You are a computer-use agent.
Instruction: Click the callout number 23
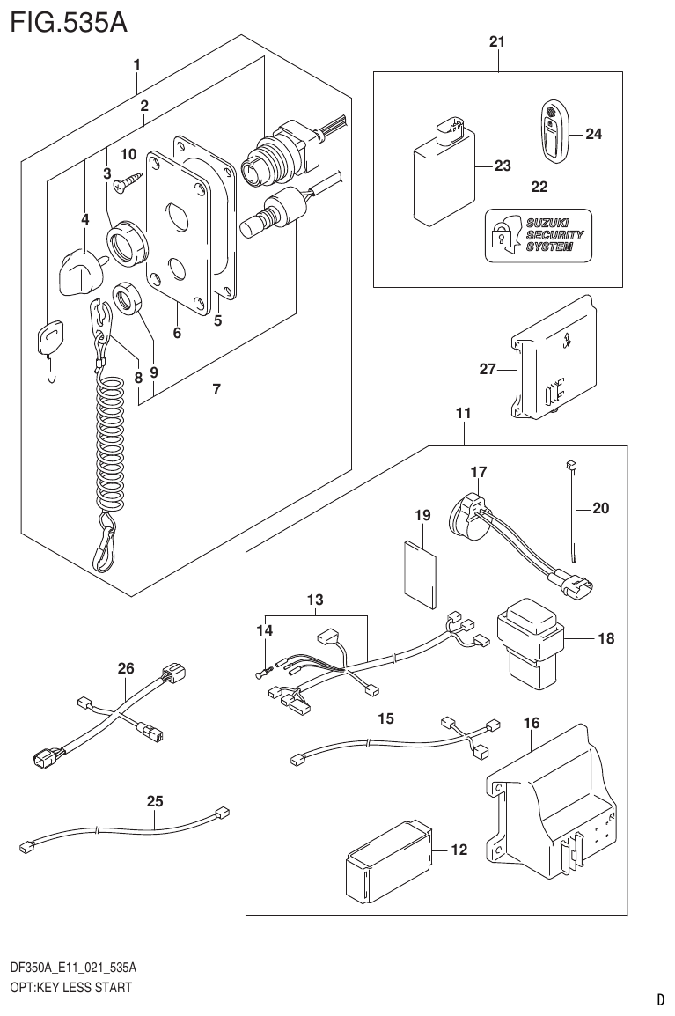502,166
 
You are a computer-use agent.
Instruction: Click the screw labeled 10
129,180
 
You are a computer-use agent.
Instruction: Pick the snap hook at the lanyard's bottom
104,545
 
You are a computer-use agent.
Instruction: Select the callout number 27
488,370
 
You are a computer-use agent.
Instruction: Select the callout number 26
126,668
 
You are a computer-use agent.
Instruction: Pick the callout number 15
385,719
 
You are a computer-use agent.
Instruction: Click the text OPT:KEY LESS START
70,987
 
